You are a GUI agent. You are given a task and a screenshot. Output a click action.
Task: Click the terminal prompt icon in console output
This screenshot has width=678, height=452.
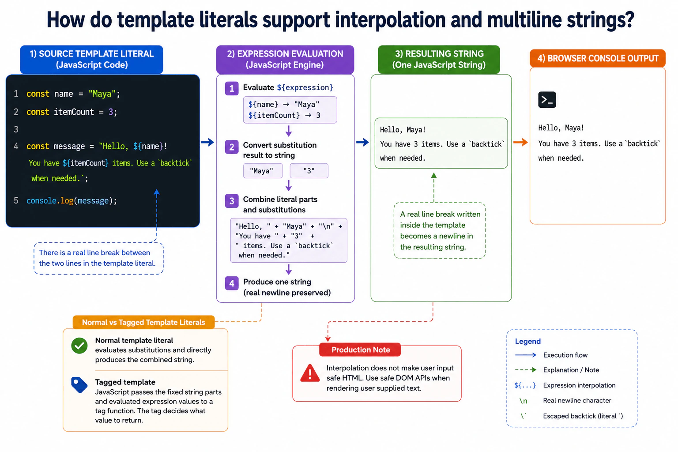pyautogui.click(x=547, y=100)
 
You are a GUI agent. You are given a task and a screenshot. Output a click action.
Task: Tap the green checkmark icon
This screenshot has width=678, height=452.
pyautogui.click(x=79, y=346)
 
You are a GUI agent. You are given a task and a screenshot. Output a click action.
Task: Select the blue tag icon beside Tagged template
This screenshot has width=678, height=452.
pyautogui.click(x=79, y=385)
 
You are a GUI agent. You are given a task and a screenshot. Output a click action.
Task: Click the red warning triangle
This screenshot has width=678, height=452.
pyautogui.click(x=309, y=373)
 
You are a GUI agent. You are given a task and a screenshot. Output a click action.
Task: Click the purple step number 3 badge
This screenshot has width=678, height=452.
pyautogui.click(x=232, y=201)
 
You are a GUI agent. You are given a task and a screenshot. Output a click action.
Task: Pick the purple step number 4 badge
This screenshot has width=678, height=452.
pyautogui.click(x=232, y=283)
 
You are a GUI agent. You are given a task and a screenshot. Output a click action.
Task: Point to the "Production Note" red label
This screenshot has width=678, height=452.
pyautogui.click(x=360, y=350)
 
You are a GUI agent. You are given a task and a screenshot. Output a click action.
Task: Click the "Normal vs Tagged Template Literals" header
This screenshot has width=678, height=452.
pyautogui.click(x=143, y=322)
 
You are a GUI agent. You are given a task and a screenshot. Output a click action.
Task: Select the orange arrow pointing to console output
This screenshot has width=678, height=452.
pyautogui.click(x=520, y=142)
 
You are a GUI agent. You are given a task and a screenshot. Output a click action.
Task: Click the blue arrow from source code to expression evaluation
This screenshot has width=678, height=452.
pyautogui.click(x=207, y=142)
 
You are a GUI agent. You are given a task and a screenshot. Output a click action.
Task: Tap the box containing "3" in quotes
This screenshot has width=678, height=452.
pyautogui.click(x=309, y=171)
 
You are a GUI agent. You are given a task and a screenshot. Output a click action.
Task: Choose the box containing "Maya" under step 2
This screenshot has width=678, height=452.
pyautogui.click(x=263, y=171)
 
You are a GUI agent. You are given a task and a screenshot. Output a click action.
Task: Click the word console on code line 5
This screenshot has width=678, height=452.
pyautogui.click(x=41, y=201)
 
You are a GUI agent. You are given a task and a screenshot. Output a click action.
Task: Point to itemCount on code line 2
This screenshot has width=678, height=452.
pyautogui.click(x=74, y=112)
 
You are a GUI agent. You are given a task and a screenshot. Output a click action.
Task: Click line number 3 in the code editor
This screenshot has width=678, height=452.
pyautogui.click(x=16, y=130)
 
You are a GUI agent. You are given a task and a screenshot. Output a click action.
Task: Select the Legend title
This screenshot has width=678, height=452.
pyautogui.click(x=528, y=342)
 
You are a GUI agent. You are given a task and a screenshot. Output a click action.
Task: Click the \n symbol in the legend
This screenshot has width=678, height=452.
pyautogui.click(x=524, y=401)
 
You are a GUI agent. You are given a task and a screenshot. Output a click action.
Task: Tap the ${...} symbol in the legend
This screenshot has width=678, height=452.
pyautogui.click(x=525, y=385)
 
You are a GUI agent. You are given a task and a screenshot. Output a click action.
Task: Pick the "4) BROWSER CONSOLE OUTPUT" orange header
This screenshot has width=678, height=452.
pyautogui.click(x=598, y=58)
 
